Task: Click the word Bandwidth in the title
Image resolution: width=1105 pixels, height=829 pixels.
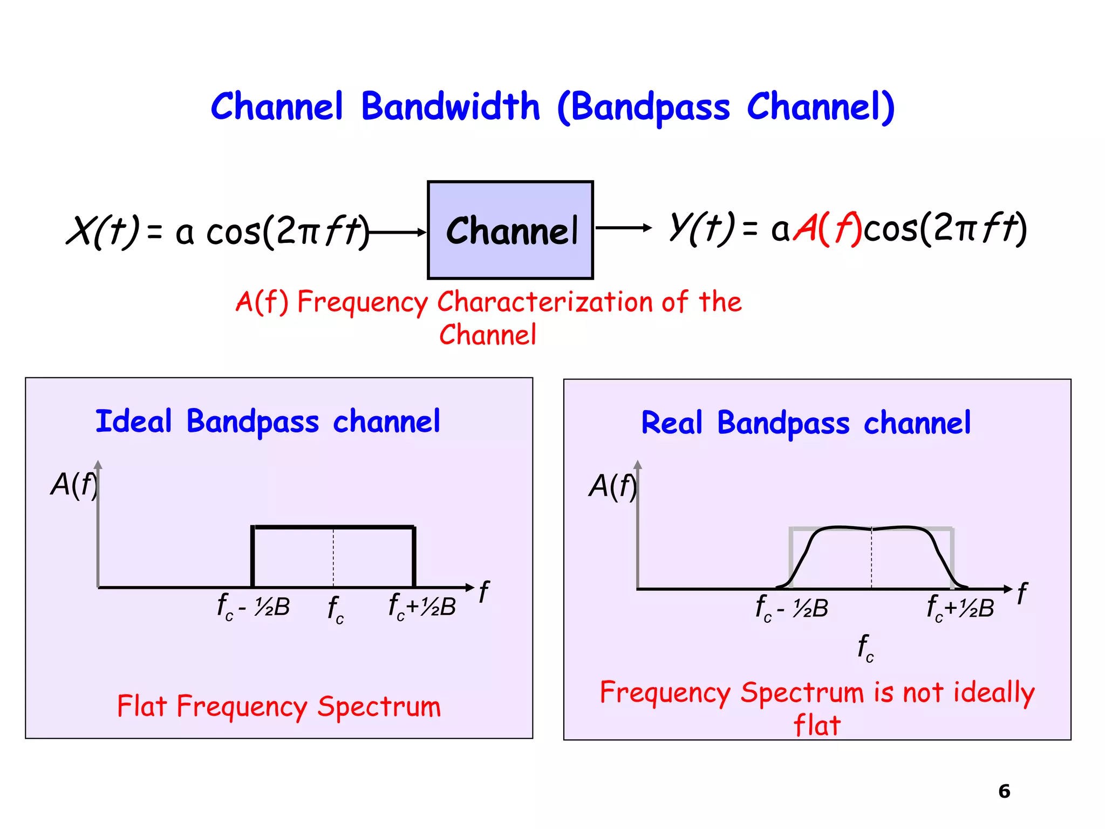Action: [451, 106]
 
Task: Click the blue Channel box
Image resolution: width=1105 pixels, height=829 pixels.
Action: [510, 230]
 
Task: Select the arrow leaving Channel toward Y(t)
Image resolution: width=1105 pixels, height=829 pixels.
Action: [623, 228]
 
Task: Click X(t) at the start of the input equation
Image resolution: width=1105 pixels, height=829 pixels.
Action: [103, 231]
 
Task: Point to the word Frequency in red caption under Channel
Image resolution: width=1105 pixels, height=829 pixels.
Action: [363, 302]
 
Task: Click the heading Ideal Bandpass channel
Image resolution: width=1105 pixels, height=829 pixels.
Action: [268, 422]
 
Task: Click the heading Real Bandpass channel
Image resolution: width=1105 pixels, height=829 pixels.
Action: [806, 423]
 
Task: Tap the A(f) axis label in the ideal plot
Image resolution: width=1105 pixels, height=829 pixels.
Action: [74, 484]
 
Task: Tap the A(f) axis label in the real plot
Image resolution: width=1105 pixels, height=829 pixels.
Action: [612, 486]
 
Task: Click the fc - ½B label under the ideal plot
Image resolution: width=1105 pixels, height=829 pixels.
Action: [253, 607]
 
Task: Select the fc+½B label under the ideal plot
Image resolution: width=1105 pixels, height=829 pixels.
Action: [422, 607]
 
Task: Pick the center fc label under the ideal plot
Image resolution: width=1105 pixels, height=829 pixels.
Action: [335, 610]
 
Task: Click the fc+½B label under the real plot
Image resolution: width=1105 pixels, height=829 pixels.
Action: [960, 608]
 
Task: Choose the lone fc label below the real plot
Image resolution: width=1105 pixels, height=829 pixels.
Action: [865, 648]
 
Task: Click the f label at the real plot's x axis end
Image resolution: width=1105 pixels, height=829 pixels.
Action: [1022, 594]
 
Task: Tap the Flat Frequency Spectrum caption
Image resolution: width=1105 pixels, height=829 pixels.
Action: [279, 706]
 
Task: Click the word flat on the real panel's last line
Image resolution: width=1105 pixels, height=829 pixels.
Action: [817, 725]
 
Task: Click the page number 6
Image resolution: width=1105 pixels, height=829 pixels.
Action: [1004, 791]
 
